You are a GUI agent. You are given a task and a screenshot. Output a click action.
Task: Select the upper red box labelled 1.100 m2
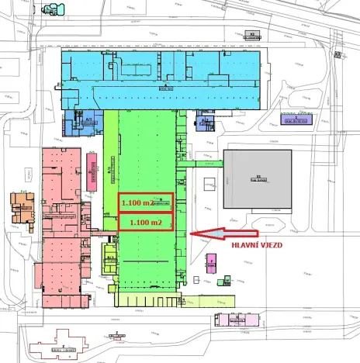(x=145, y=202)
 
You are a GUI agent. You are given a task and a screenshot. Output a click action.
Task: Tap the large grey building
(x=258, y=178)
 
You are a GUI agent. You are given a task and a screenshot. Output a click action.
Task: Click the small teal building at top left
(x=54, y=10)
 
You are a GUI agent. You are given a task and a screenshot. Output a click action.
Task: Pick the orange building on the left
(x=22, y=209)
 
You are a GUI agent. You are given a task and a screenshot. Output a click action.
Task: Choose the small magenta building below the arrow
(x=210, y=263)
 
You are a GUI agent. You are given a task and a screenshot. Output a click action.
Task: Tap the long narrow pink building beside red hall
(x=92, y=166)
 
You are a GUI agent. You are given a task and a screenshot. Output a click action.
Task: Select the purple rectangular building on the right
(x=295, y=119)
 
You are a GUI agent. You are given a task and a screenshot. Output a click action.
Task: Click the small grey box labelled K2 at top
(x=253, y=35)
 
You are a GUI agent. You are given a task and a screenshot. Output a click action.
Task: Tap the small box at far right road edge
(x=338, y=54)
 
